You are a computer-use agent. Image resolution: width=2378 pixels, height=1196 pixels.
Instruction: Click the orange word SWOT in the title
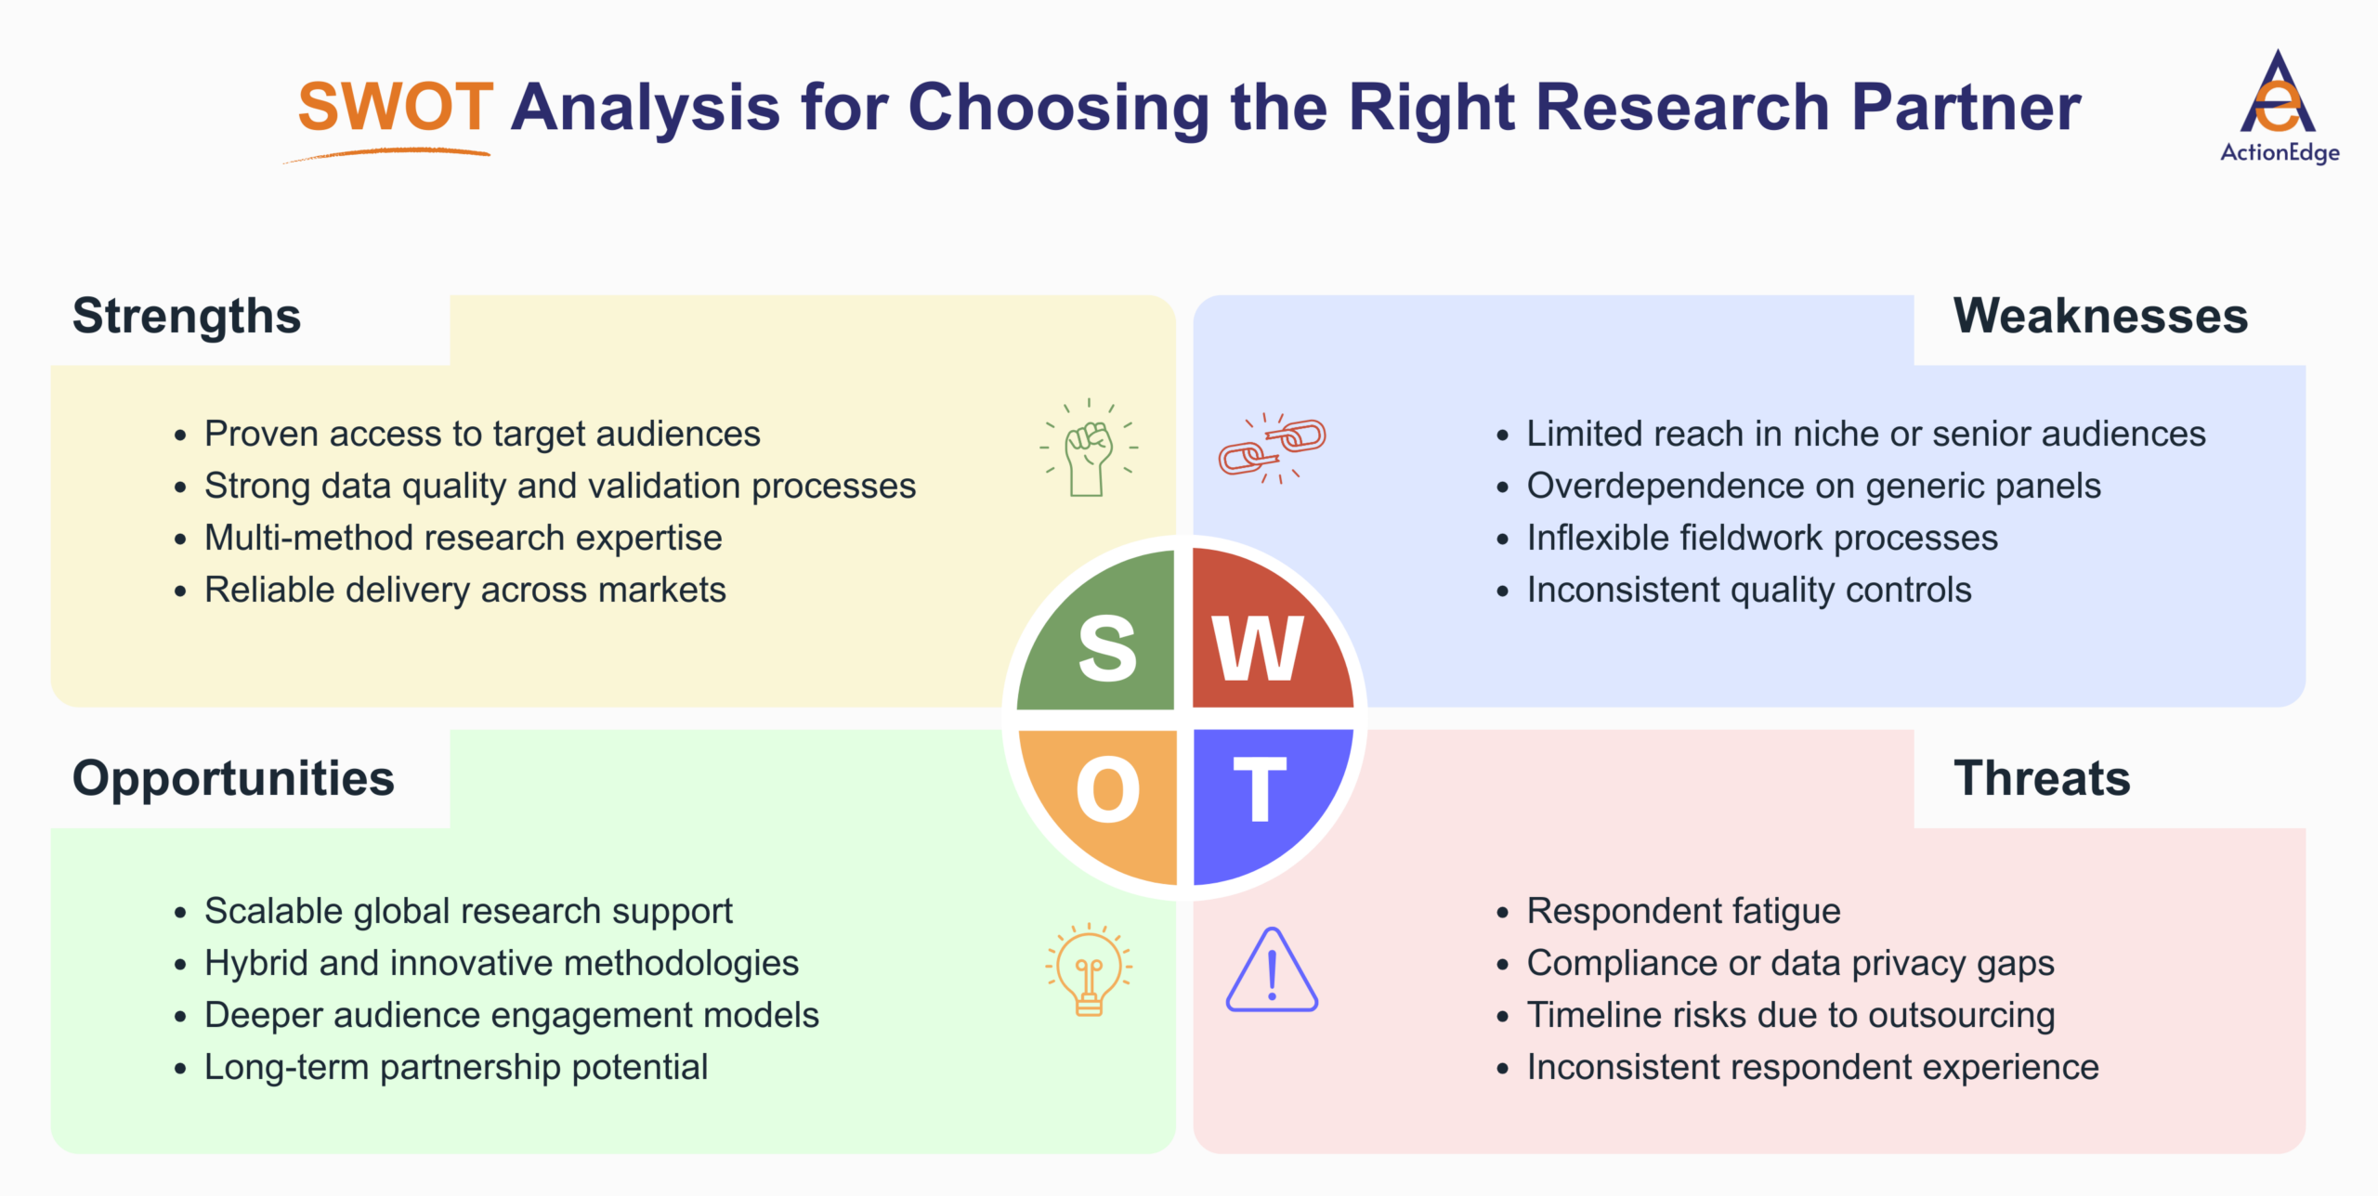point(395,107)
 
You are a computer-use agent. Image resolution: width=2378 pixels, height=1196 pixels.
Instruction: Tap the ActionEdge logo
point(2279,107)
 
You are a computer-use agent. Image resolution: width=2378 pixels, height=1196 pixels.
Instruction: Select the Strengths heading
point(187,316)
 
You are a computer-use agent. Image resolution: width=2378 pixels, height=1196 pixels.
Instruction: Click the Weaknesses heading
point(2100,316)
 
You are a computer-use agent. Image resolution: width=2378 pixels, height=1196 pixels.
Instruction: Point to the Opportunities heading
point(233,778)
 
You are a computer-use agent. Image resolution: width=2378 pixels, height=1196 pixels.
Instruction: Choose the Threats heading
point(2042,778)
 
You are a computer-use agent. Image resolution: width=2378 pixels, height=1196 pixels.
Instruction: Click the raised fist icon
point(1089,448)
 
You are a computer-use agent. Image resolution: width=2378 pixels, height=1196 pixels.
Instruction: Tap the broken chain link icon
point(1273,448)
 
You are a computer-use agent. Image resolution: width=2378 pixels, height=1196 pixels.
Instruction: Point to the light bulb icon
point(1089,970)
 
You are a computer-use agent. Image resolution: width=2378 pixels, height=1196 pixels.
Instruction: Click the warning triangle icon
point(1272,971)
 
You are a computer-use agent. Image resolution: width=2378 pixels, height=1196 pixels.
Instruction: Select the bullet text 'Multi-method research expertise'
point(463,538)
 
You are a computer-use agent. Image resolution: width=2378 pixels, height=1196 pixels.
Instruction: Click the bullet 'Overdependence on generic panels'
point(1813,486)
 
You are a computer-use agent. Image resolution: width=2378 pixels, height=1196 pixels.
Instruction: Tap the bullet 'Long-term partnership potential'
point(455,1067)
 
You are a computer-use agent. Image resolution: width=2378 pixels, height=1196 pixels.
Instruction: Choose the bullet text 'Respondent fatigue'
point(1683,911)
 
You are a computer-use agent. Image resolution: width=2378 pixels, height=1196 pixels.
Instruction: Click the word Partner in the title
point(1966,107)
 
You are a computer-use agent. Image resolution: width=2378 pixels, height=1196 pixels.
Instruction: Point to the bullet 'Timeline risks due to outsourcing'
point(1790,1015)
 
